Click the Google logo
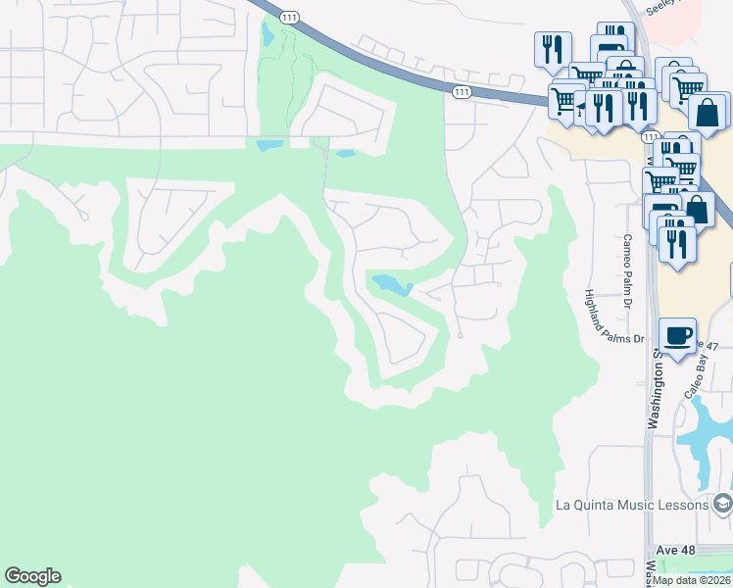(x=32, y=576)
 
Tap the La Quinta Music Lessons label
(x=631, y=505)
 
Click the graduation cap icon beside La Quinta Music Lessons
(x=722, y=505)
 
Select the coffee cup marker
(x=678, y=336)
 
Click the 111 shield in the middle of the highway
(x=462, y=91)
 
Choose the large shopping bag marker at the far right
(x=708, y=112)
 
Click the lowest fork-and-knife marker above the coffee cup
(x=676, y=241)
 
